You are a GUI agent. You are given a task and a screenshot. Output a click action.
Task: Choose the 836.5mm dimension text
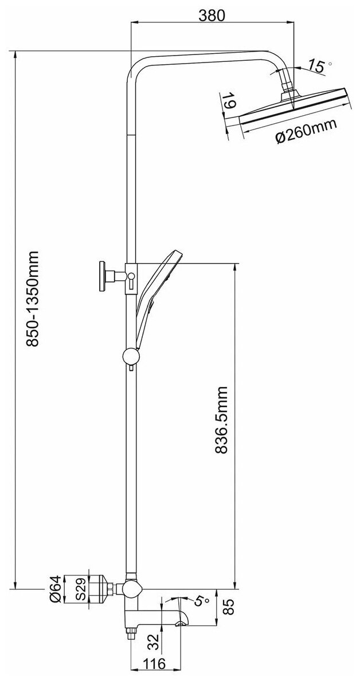click(x=223, y=421)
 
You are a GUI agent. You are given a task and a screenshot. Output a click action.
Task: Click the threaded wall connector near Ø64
click(x=103, y=589)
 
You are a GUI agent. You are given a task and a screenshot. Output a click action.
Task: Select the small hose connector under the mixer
click(x=131, y=632)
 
